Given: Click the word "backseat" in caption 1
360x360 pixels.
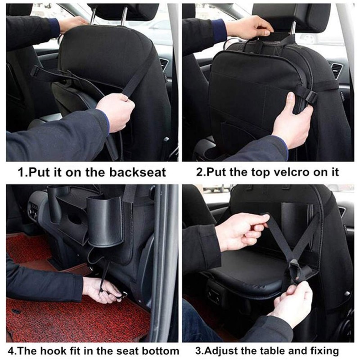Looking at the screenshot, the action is coord(137,172).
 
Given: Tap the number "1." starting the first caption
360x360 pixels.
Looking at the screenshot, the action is coord(23,173).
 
